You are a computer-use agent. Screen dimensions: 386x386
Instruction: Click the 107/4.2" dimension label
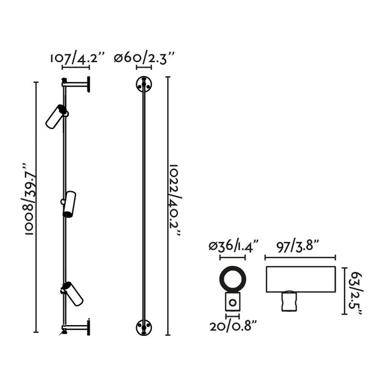[77, 59]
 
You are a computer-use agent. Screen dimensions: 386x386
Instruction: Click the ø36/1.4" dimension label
[233, 245]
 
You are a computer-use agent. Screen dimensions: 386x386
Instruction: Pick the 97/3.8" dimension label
[299, 245]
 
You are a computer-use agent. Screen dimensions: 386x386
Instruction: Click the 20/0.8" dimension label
[233, 326]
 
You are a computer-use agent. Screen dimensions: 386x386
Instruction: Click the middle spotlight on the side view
[69, 203]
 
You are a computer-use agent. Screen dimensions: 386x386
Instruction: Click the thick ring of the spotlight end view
[232, 278]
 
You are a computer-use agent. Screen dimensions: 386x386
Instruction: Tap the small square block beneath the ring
[232, 303]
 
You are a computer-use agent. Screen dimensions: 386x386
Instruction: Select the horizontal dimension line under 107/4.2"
[77, 69]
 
